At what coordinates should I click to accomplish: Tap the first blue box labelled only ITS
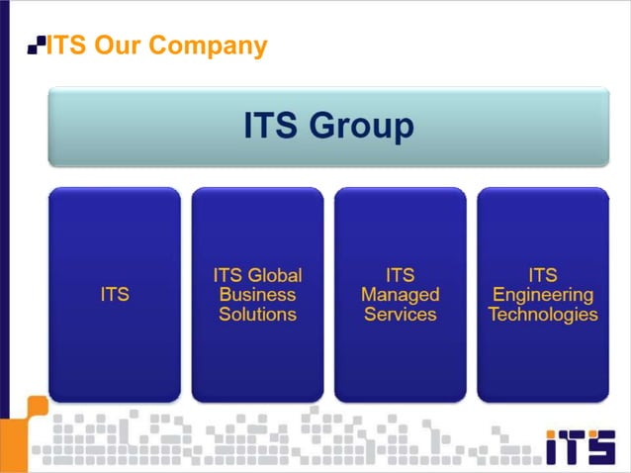tap(115, 294)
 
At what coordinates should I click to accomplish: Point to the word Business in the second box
tap(257, 295)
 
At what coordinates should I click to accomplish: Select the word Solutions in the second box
tap(257, 315)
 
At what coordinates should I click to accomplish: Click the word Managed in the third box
tap(400, 295)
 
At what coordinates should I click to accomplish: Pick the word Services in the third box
tap(400, 315)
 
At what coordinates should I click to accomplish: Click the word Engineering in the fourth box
tap(543, 295)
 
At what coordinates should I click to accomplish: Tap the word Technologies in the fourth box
tap(543, 315)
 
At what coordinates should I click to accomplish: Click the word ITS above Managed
tap(400, 275)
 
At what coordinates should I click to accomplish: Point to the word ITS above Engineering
tap(543, 275)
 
